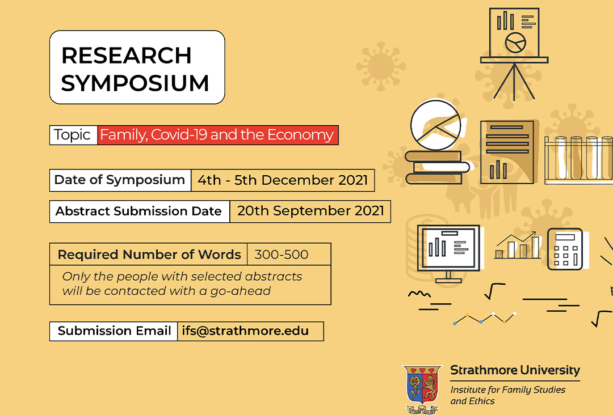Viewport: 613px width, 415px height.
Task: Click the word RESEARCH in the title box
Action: (x=126, y=56)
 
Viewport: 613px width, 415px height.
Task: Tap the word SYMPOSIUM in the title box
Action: (x=135, y=83)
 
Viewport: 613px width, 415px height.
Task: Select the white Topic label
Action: (x=73, y=135)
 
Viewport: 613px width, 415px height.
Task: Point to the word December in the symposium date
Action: (x=297, y=180)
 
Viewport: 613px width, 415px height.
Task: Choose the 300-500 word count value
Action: (x=282, y=255)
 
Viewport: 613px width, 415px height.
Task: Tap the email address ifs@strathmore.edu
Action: (x=245, y=331)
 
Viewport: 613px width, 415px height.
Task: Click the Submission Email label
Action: (x=114, y=331)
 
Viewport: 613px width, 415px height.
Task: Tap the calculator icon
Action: (x=565, y=249)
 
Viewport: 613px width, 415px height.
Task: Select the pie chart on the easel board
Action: (x=515, y=43)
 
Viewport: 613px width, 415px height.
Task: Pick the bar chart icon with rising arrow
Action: (x=517, y=245)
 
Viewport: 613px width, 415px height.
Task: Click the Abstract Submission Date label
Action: (x=138, y=211)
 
